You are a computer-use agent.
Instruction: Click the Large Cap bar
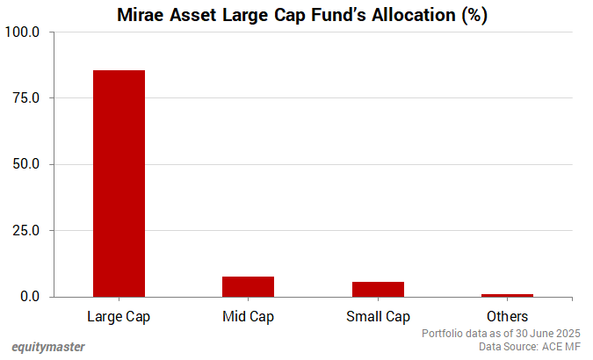tap(119, 184)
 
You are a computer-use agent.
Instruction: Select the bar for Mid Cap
tap(248, 287)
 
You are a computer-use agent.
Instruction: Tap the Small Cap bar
tap(378, 290)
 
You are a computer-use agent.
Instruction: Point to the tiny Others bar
tap(507, 295)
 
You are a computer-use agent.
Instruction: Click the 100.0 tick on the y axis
tap(24, 32)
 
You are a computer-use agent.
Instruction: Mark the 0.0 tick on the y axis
tap(30, 297)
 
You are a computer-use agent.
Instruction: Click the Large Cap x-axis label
tap(119, 316)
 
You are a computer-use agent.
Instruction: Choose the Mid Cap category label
tap(248, 316)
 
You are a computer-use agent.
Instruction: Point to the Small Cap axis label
tap(378, 316)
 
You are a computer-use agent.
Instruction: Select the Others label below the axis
tap(507, 316)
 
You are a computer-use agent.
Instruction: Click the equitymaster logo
tap(48, 347)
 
